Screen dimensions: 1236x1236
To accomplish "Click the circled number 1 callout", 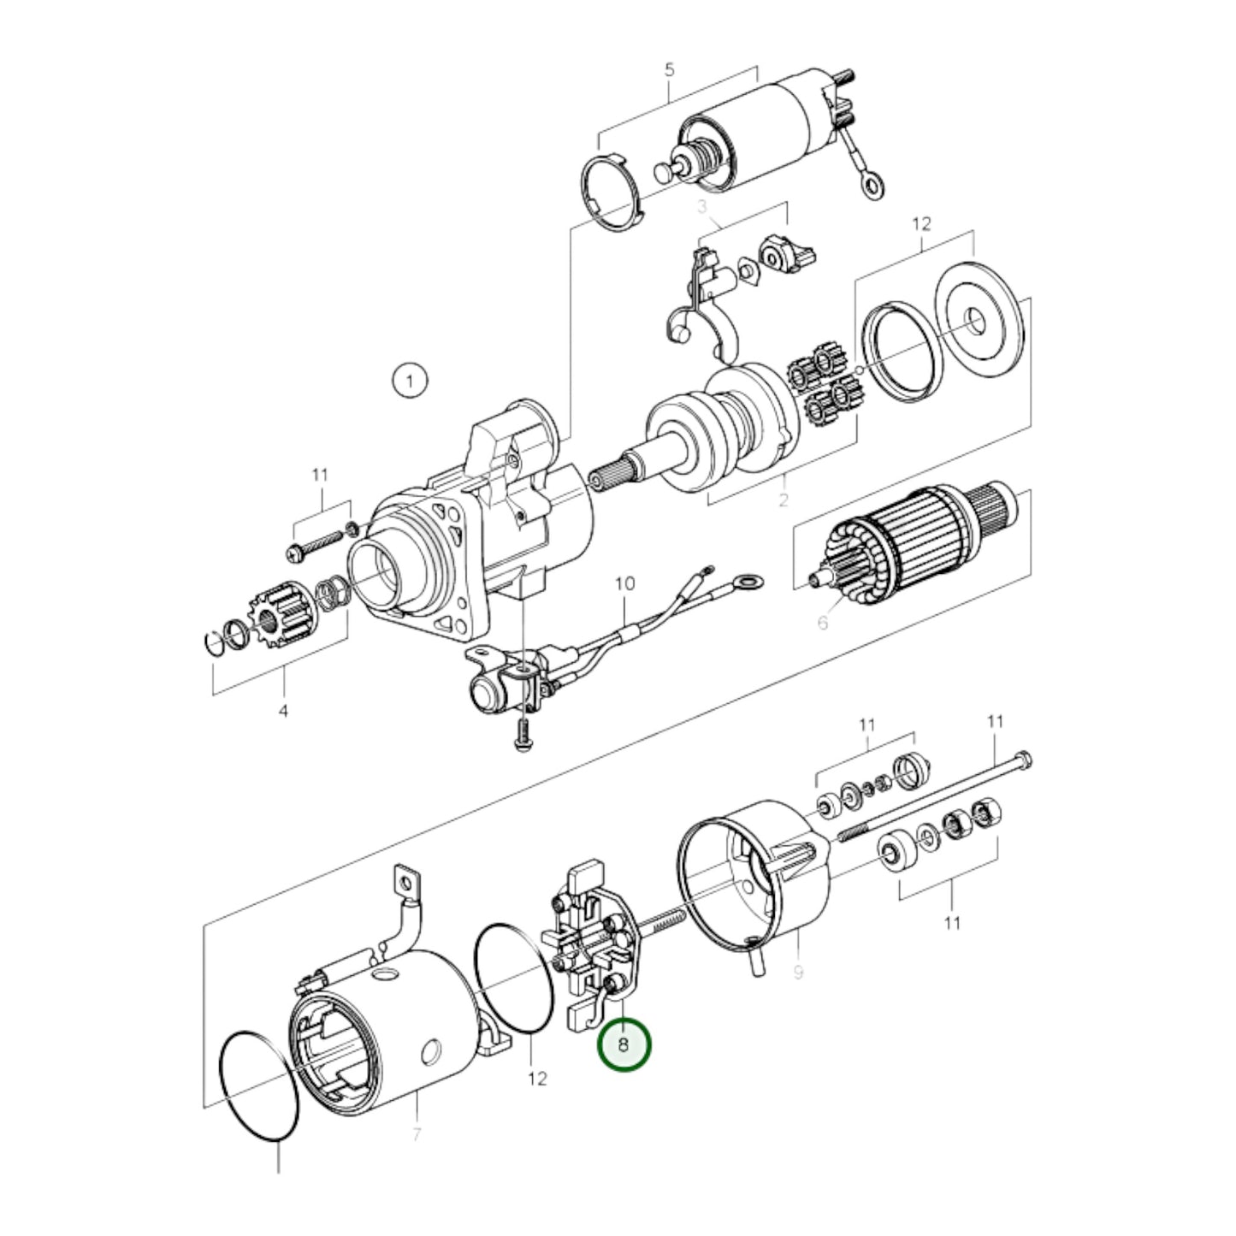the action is [410, 381].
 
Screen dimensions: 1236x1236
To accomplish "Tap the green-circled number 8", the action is [624, 1044].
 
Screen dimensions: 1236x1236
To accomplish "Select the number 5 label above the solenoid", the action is [670, 70].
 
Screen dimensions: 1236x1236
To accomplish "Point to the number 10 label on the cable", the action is [624, 584].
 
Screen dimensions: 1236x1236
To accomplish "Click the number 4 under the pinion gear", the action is [284, 711].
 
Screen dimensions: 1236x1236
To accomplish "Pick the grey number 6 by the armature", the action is [822, 623].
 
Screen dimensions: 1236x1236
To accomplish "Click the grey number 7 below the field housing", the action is [417, 1135].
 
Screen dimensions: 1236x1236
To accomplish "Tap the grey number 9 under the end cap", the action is [798, 973].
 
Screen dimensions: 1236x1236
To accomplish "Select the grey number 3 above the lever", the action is [702, 207].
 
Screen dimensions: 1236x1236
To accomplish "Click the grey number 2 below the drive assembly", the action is [783, 500].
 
